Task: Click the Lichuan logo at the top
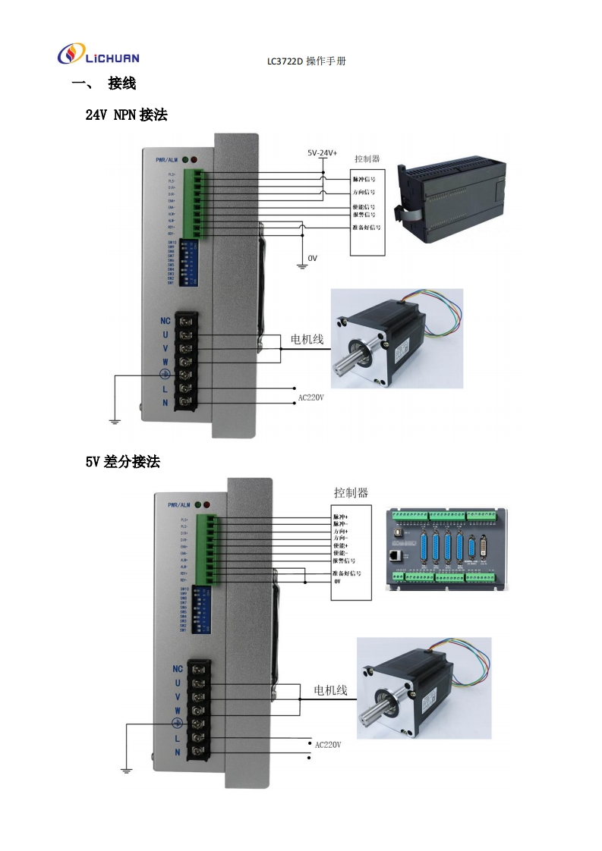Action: [98, 55]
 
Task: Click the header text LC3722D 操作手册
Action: [306, 61]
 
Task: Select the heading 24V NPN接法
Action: [126, 115]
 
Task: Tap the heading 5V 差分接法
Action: [122, 461]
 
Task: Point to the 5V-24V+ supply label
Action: [322, 152]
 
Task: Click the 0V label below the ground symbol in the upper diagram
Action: [312, 259]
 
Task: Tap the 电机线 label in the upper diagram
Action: [307, 339]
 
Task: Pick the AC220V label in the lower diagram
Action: [328, 745]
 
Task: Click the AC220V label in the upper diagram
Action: [310, 397]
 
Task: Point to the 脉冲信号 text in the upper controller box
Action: [364, 180]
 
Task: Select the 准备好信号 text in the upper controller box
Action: [367, 228]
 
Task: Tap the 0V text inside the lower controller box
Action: [338, 581]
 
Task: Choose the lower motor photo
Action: [424, 687]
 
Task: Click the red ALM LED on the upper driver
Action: [194, 160]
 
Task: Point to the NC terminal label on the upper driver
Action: [165, 321]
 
